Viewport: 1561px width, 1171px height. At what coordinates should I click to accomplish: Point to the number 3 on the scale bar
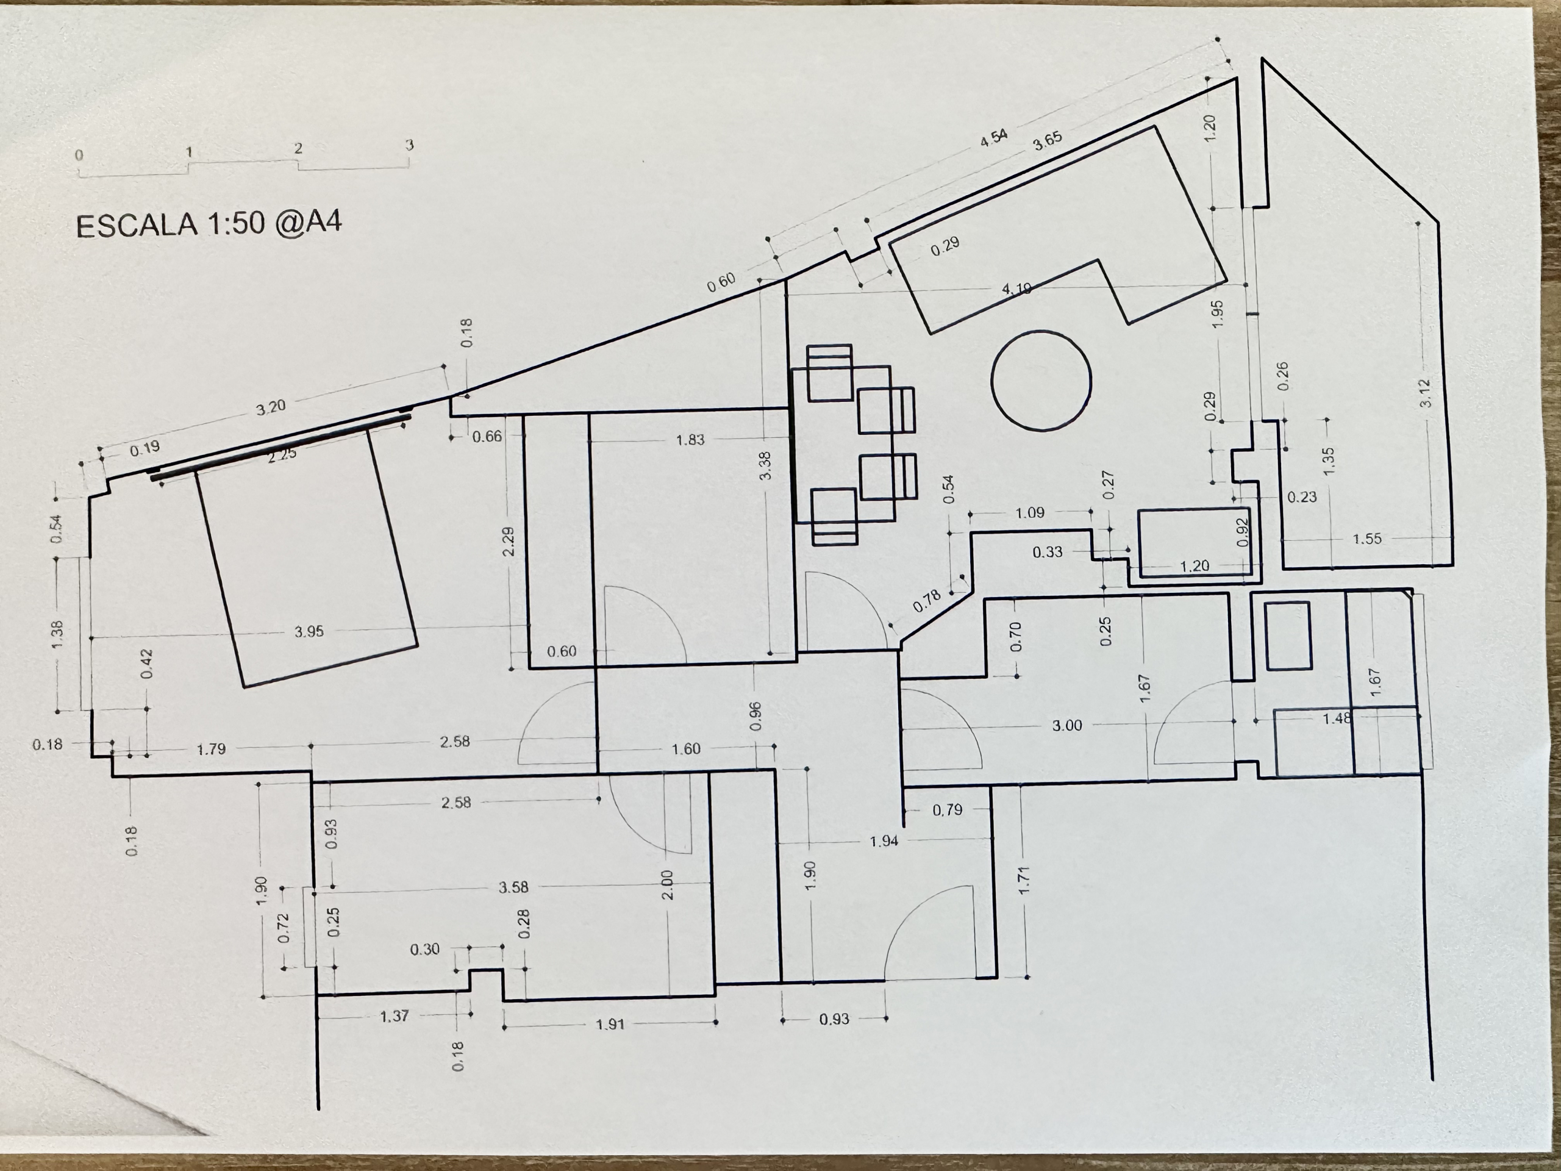coord(409,145)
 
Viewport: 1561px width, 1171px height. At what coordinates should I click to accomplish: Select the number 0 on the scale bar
coord(79,154)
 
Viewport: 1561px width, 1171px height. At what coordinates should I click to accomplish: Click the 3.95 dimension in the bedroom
coord(309,632)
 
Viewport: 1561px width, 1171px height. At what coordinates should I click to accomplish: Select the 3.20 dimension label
coord(270,408)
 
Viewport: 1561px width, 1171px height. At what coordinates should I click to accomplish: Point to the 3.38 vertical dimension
coord(765,466)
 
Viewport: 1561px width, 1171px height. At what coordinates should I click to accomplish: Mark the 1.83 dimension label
coord(690,440)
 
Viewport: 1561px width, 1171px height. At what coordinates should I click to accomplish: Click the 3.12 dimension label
coord(1426,393)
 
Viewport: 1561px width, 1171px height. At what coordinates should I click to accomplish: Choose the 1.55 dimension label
coord(1367,539)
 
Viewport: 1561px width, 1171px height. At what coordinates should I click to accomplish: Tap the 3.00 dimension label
coord(1067,726)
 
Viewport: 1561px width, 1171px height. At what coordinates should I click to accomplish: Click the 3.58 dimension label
coord(513,887)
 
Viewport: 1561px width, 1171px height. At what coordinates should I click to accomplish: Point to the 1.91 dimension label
coord(610,1024)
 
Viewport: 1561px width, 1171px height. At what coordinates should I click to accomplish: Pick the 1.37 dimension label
coord(394,1017)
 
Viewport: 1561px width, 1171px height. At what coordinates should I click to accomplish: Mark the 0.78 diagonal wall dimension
coord(927,600)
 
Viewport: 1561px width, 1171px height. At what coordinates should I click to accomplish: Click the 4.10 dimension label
coord(1017,288)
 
